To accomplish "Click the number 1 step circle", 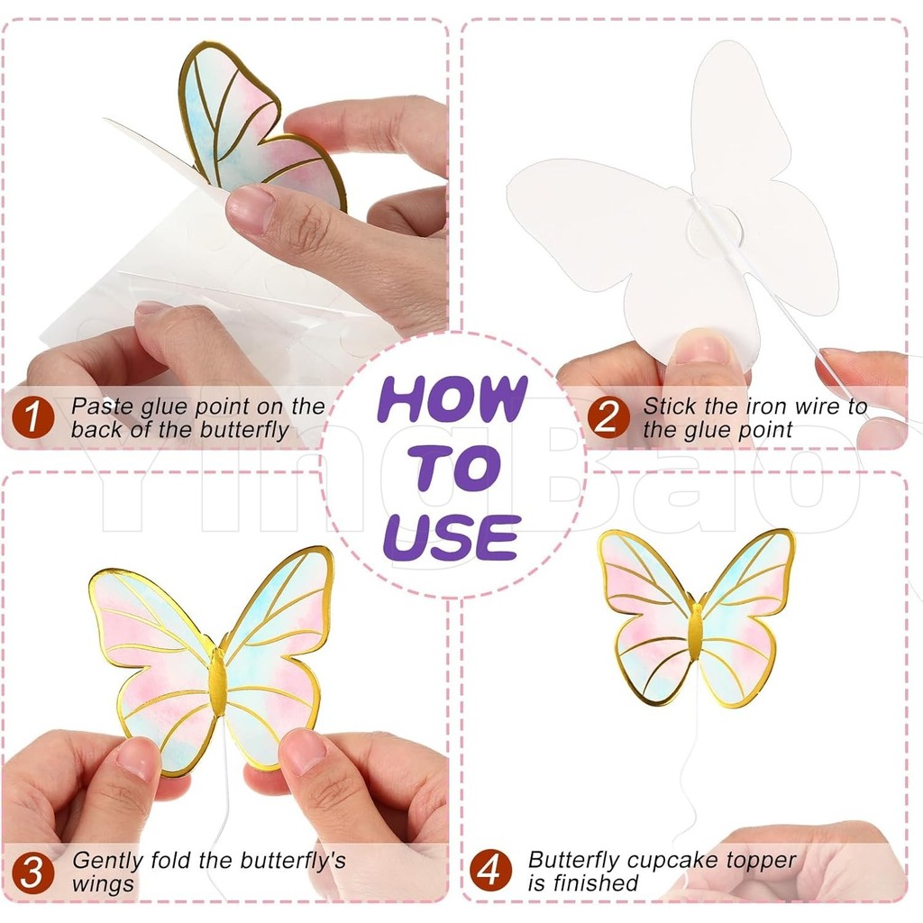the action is (x=32, y=418).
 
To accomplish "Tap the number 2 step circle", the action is (x=608, y=418).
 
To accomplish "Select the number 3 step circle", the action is (x=32, y=873).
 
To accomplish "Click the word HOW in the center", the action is (x=452, y=398).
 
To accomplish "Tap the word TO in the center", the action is (x=454, y=469).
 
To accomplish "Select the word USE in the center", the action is (x=452, y=537).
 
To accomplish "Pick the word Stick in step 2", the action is (x=670, y=406).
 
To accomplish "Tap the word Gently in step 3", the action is (x=108, y=862).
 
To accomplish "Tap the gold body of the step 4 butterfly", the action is (x=696, y=632).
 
